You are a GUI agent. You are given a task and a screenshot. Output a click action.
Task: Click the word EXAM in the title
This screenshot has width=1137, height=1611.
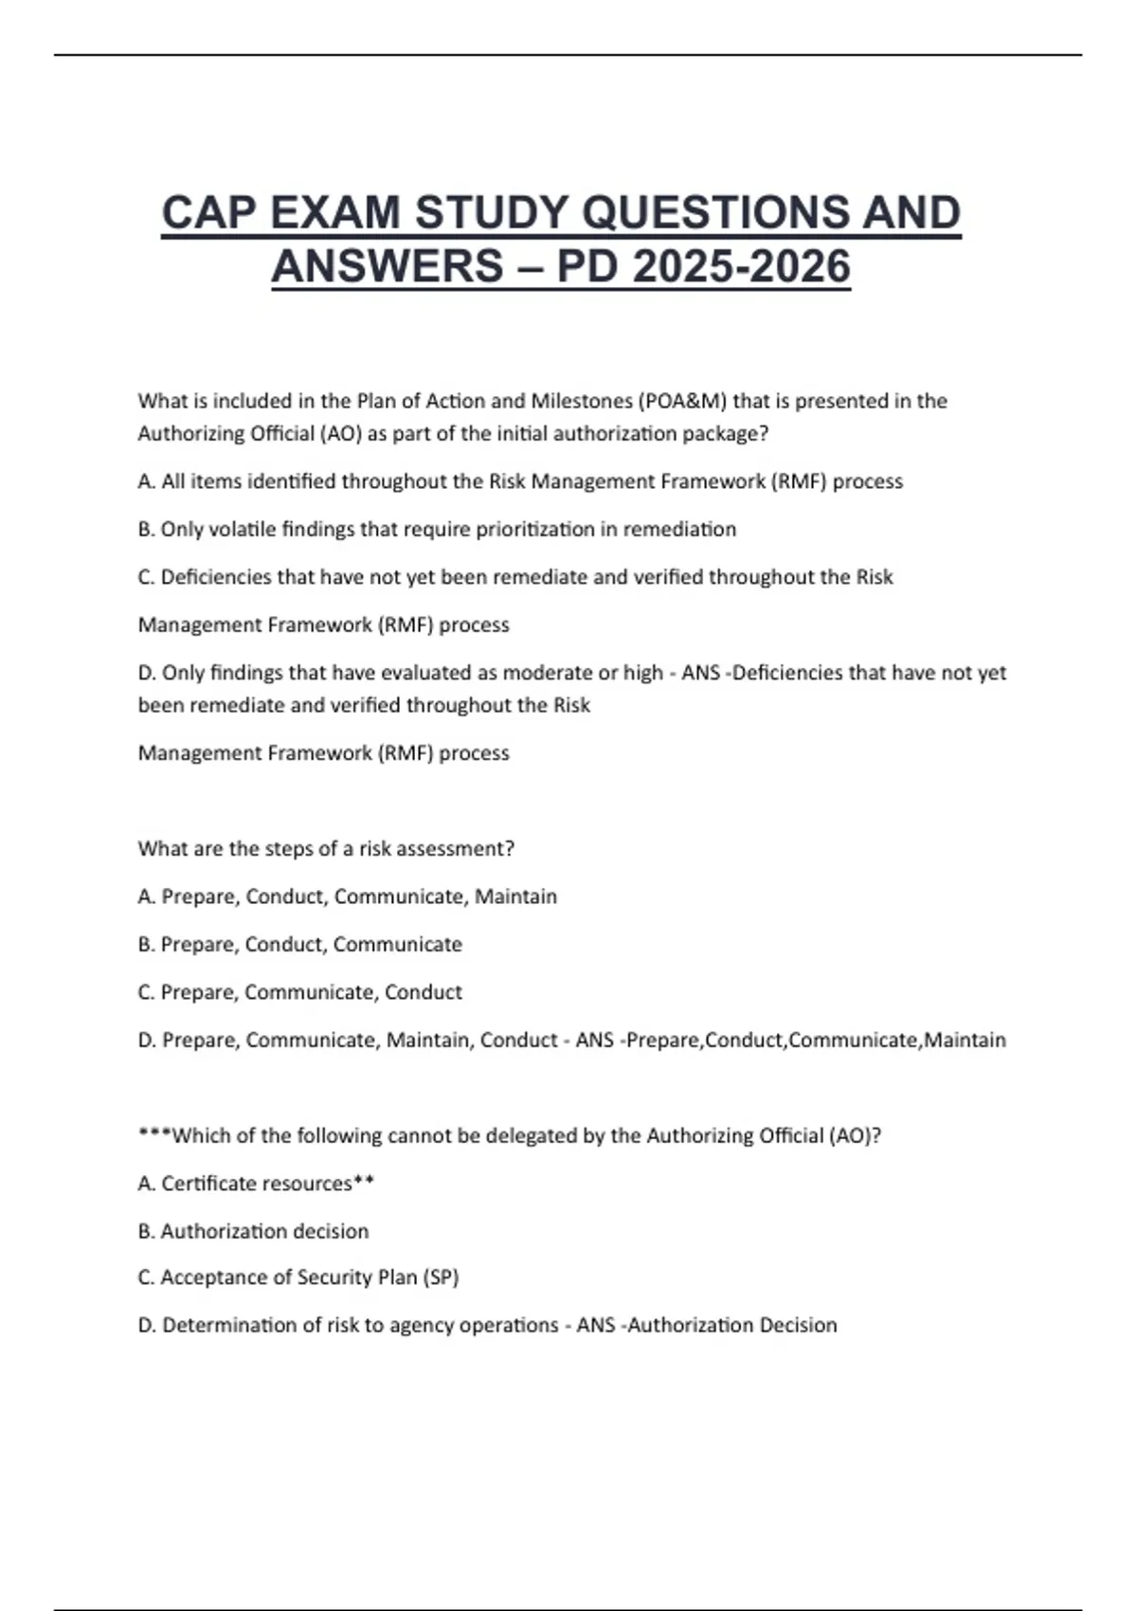pyautogui.click(x=334, y=212)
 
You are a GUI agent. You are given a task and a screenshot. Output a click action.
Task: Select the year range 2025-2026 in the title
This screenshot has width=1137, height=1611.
pyautogui.click(x=741, y=266)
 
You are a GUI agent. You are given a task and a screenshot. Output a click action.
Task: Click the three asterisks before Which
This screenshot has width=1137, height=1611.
pyautogui.click(x=154, y=1134)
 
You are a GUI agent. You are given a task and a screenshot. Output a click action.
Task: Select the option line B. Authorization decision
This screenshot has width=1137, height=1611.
pyautogui.click(x=253, y=1231)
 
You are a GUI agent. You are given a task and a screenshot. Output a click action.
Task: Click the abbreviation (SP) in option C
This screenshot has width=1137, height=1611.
pyautogui.click(x=441, y=1277)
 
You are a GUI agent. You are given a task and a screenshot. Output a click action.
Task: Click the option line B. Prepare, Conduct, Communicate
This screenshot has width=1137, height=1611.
pyautogui.click(x=299, y=945)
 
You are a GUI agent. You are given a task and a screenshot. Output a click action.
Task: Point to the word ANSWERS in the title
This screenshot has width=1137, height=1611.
pyautogui.click(x=387, y=266)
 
